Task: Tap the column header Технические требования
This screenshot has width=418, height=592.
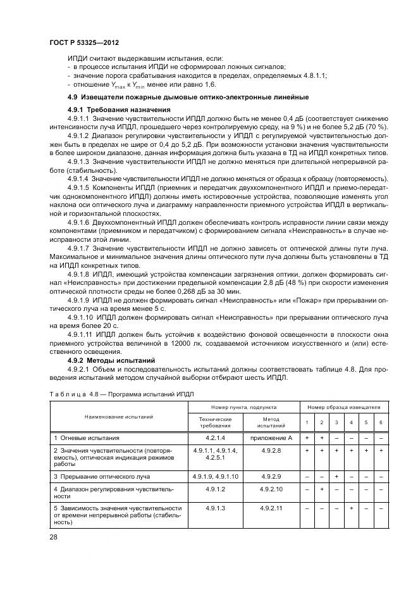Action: click(x=215, y=422)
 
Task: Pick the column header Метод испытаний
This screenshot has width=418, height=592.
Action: click(x=272, y=422)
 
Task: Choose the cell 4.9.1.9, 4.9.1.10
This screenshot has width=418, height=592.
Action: click(x=215, y=475)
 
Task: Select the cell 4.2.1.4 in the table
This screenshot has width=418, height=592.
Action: click(x=215, y=438)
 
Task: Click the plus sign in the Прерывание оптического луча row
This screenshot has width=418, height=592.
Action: click(x=336, y=475)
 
